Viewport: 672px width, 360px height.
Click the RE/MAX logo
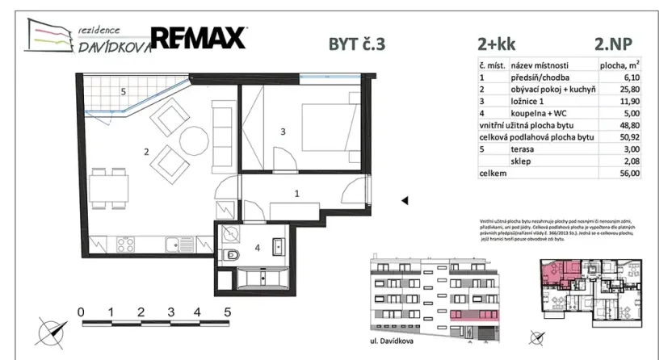199,38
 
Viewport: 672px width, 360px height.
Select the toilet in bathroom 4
230,257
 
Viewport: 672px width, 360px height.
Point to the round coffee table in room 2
194,137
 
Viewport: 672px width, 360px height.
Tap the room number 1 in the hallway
296,193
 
